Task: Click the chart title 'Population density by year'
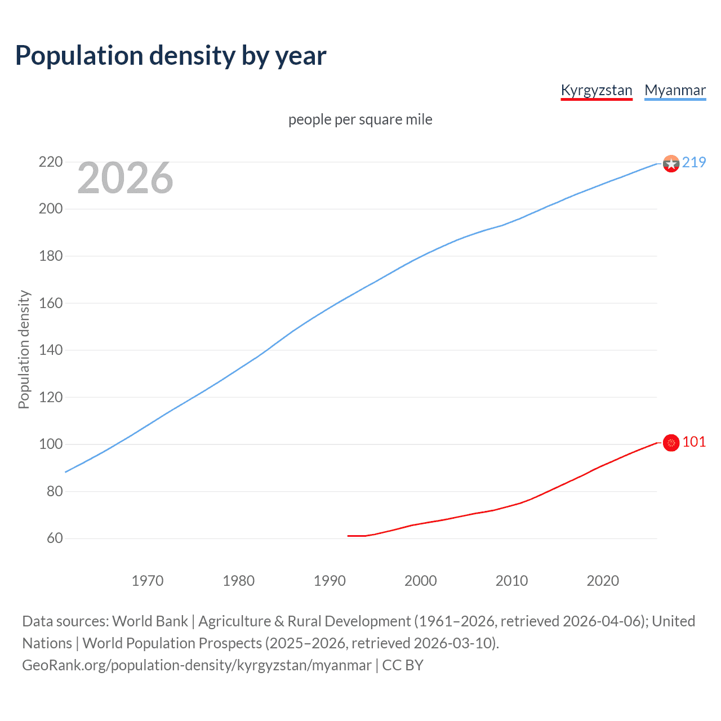[171, 56]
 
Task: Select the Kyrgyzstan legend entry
[597, 91]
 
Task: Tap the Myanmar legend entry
[675, 91]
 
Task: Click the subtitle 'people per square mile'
[360, 120]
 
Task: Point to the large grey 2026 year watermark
[125, 178]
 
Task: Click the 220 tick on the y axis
[51, 162]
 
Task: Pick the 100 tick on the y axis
[51, 444]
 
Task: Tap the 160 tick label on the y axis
[51, 303]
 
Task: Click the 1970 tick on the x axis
[148, 581]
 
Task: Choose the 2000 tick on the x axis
[421, 581]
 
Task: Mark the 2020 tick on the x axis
[603, 581]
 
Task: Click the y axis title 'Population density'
[24, 349]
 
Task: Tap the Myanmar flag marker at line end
[671, 163]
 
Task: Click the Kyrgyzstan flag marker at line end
[671, 443]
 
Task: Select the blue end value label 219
[694, 163]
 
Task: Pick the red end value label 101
[694, 442]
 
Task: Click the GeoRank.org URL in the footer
[197, 665]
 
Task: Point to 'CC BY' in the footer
[403, 665]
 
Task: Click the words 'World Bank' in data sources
[150, 621]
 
